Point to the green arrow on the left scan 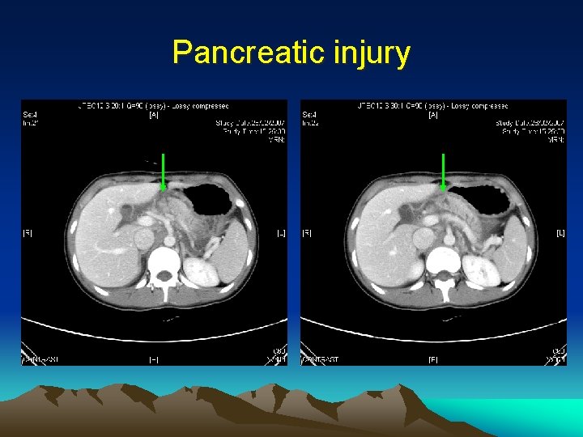coord(163,172)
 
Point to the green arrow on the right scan coord(443,172)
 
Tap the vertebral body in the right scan coord(444,261)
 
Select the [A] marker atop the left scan coord(153,115)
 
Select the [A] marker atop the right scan coord(433,115)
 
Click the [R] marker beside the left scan coord(28,233)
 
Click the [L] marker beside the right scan coord(560,233)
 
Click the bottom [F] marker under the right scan coord(433,359)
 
